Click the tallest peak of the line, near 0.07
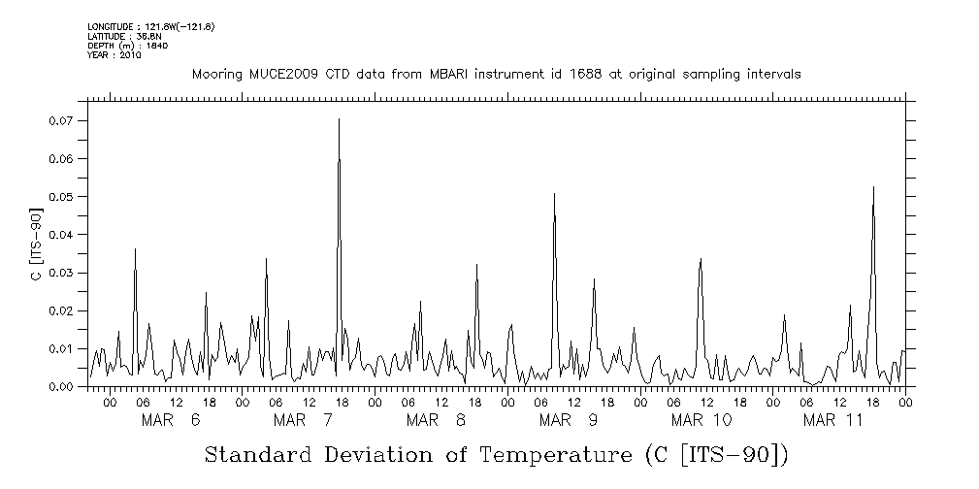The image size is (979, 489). tap(339, 119)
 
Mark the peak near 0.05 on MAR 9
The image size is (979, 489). tap(554, 194)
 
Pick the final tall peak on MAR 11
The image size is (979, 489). tap(873, 187)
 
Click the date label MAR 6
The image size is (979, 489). tap(171, 420)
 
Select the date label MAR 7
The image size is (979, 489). tap(304, 420)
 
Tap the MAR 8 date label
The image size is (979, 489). tap(436, 420)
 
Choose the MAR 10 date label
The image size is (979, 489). tap(702, 420)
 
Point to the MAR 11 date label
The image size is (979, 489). tap(833, 420)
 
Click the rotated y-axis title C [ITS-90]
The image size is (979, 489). tap(35, 244)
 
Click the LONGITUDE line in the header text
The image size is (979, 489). tap(150, 26)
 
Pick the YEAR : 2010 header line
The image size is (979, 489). tap(114, 55)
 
